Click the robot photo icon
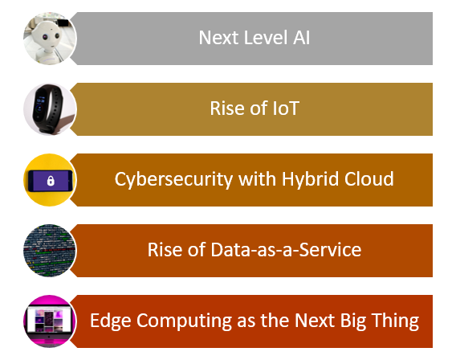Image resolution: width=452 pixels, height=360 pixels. pyautogui.click(x=50, y=39)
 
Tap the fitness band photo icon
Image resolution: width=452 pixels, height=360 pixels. pyautogui.click(x=50, y=109)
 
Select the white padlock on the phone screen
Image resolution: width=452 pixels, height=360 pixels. pyautogui.click(x=51, y=181)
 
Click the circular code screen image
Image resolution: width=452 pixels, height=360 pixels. pyautogui.click(x=50, y=251)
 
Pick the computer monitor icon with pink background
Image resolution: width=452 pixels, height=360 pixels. pyautogui.click(x=50, y=321)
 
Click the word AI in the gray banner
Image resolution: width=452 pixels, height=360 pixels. pyautogui.click(x=302, y=38)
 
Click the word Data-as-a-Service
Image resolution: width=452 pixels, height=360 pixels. pyautogui.click(x=286, y=250)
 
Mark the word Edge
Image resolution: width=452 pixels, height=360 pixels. pyautogui.click(x=111, y=321)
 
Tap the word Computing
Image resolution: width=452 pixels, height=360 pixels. pyautogui.click(x=184, y=321)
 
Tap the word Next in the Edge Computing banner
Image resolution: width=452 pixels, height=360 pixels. pyautogui.click(x=315, y=321)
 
